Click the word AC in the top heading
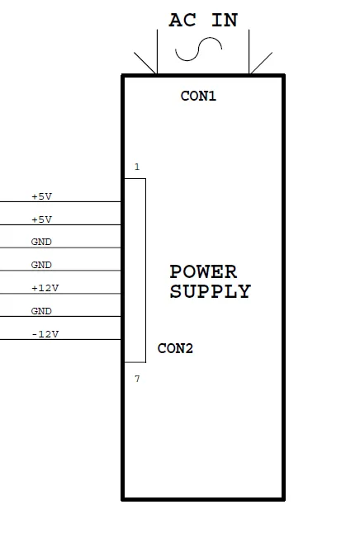click(182, 21)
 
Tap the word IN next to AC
click(225, 21)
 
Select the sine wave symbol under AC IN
click(198, 50)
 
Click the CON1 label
click(198, 96)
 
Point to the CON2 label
click(175, 348)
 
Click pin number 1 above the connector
click(137, 167)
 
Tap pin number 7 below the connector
click(137, 379)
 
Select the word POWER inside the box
click(203, 272)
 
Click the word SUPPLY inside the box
click(211, 291)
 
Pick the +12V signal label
click(45, 288)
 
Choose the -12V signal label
click(45, 334)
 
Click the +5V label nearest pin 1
click(41, 196)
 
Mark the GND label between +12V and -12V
click(41, 311)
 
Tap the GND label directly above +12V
click(41, 265)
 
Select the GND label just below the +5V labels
click(41, 242)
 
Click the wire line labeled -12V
click(60, 339)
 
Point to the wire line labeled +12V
click(60, 294)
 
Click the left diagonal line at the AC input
click(144, 64)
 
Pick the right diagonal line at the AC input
click(261, 64)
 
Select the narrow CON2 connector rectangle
click(145, 271)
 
